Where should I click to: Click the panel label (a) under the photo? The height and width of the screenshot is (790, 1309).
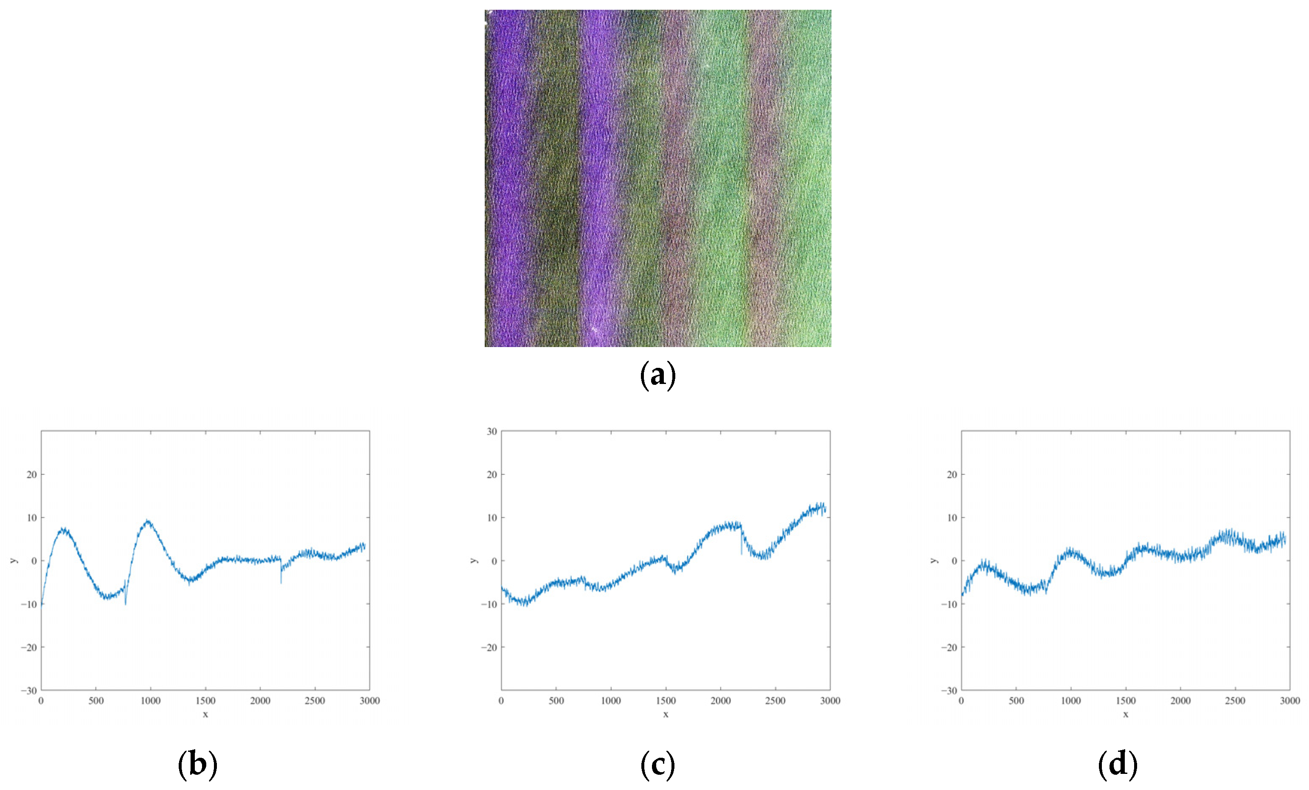[x=658, y=375]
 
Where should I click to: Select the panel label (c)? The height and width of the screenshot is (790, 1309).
[x=658, y=765]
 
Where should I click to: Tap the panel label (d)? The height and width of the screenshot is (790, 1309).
[x=1118, y=765]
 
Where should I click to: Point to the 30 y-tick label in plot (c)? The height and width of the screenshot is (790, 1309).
[x=492, y=431]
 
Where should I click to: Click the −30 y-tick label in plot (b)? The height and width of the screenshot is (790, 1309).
[x=29, y=691]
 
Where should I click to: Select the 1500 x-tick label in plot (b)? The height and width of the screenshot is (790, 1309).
[x=205, y=701]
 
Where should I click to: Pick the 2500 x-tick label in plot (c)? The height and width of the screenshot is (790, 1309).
[x=775, y=701]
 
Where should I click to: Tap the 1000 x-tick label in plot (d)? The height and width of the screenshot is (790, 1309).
[x=1071, y=701]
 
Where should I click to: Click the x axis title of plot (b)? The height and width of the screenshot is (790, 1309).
[x=205, y=714]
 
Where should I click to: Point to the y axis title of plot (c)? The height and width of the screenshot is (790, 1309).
[x=474, y=560]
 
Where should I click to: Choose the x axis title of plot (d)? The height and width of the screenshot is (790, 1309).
[x=1126, y=714]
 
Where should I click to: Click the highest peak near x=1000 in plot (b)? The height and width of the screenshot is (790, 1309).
[x=148, y=521]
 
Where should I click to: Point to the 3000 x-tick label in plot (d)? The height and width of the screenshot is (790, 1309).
[x=1290, y=701]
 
